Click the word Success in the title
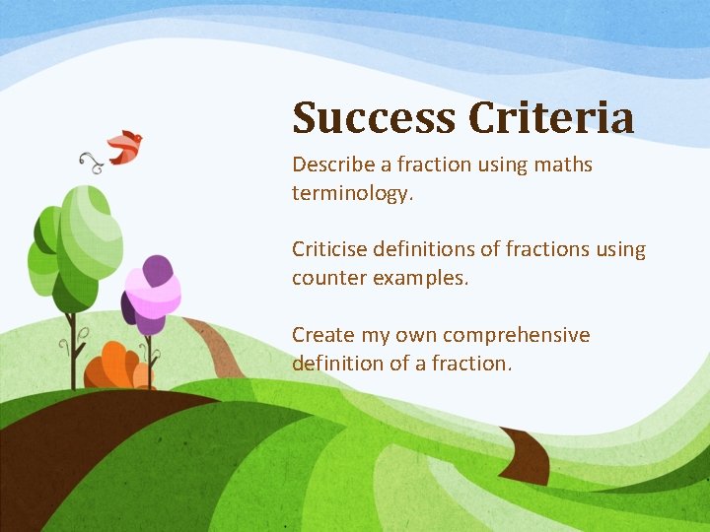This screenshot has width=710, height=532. pos(374,118)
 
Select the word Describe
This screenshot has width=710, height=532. pos(332,165)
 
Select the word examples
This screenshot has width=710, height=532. pos(419,279)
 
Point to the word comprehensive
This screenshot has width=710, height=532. pos(516,335)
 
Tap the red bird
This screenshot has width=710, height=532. pos(125,147)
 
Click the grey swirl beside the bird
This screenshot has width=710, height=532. pos(92,162)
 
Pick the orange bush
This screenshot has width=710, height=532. pos(114,367)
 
